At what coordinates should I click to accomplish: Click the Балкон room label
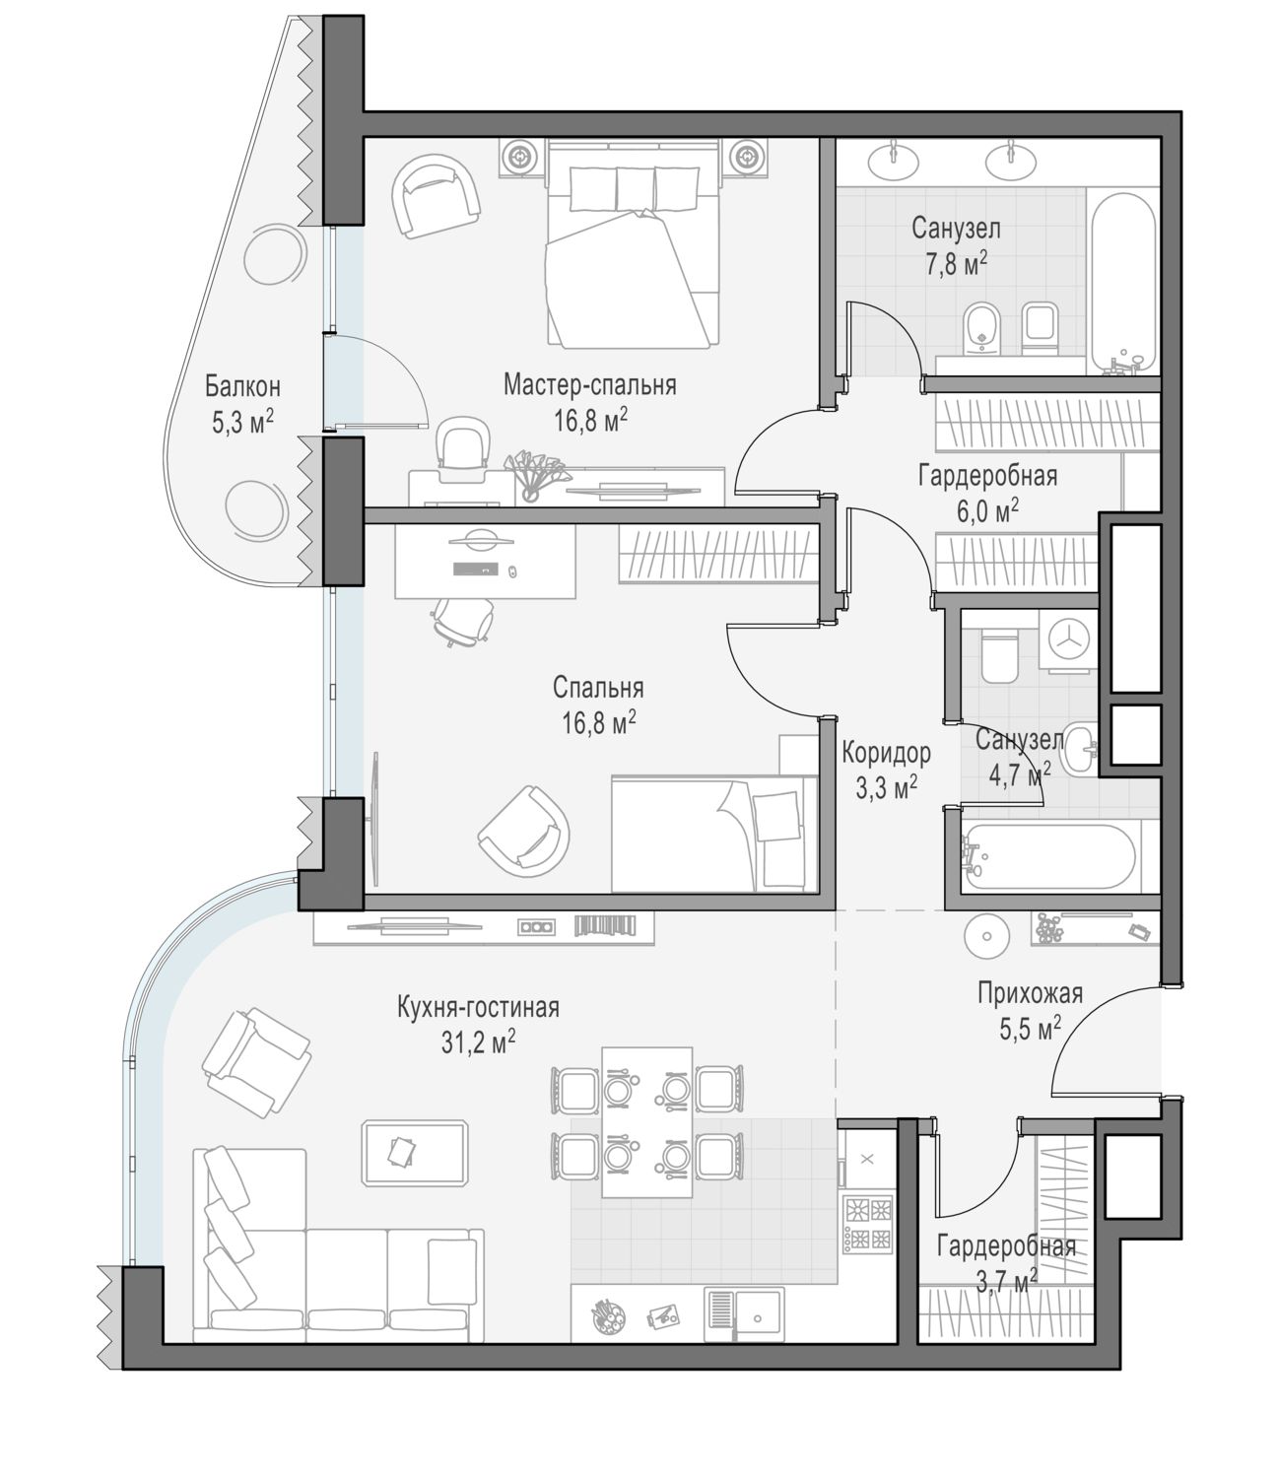point(242,386)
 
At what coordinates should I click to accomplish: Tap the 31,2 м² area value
point(479,1041)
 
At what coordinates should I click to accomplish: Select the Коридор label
point(886,752)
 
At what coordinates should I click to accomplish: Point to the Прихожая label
point(1030,993)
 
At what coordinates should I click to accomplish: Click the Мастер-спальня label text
point(590,384)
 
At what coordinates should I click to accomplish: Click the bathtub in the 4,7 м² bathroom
point(1048,856)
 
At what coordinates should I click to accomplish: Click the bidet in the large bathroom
point(982,328)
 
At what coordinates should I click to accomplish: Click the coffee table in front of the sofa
point(415,1152)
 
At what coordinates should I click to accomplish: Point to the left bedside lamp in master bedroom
point(520,155)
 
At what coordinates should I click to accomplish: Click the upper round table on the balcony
point(275,254)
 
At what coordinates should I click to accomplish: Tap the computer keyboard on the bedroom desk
point(476,570)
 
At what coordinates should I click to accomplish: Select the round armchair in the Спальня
point(523,832)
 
